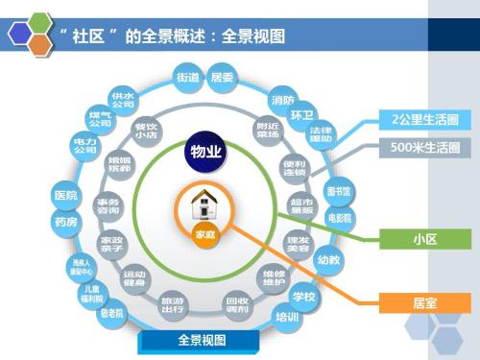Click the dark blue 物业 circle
[205, 152]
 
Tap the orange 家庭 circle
[205, 233]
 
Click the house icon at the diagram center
[205, 204]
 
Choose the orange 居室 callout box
[424, 302]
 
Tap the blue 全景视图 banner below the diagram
[202, 341]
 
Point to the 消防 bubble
[283, 100]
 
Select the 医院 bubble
[66, 196]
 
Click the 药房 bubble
[66, 222]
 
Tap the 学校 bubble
[303, 296]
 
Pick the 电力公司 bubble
[85, 146]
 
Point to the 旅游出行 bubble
[173, 303]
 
